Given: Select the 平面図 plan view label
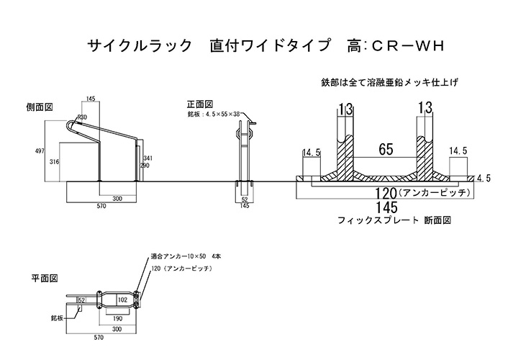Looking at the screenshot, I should pyautogui.click(x=43, y=277).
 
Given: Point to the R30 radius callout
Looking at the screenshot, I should pyautogui.click(x=83, y=117).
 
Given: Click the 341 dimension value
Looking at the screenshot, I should pyautogui.click(x=147, y=158).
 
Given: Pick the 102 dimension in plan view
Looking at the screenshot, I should pyautogui.click(x=122, y=300).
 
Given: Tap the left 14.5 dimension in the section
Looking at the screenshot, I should pyautogui.click(x=312, y=153).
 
